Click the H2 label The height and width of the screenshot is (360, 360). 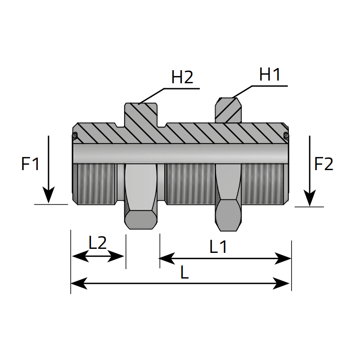[182, 77]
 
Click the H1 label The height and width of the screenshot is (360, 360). [270, 75]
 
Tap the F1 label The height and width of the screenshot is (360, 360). [31, 164]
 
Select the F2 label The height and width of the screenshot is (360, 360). [324, 164]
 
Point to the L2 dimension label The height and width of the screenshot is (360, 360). [97, 243]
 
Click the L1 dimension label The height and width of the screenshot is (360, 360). [218, 246]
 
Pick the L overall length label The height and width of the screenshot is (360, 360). [184, 272]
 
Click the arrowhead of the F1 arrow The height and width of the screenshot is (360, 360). [48, 196]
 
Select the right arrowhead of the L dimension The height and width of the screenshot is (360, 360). [283, 283]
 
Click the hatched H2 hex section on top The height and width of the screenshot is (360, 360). [141, 115]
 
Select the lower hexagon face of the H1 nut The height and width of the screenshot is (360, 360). [229, 215]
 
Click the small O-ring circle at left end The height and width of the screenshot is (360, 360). [75, 135]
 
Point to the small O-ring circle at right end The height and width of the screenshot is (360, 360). [285, 135]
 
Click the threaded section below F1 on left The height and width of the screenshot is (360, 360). [95, 183]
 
